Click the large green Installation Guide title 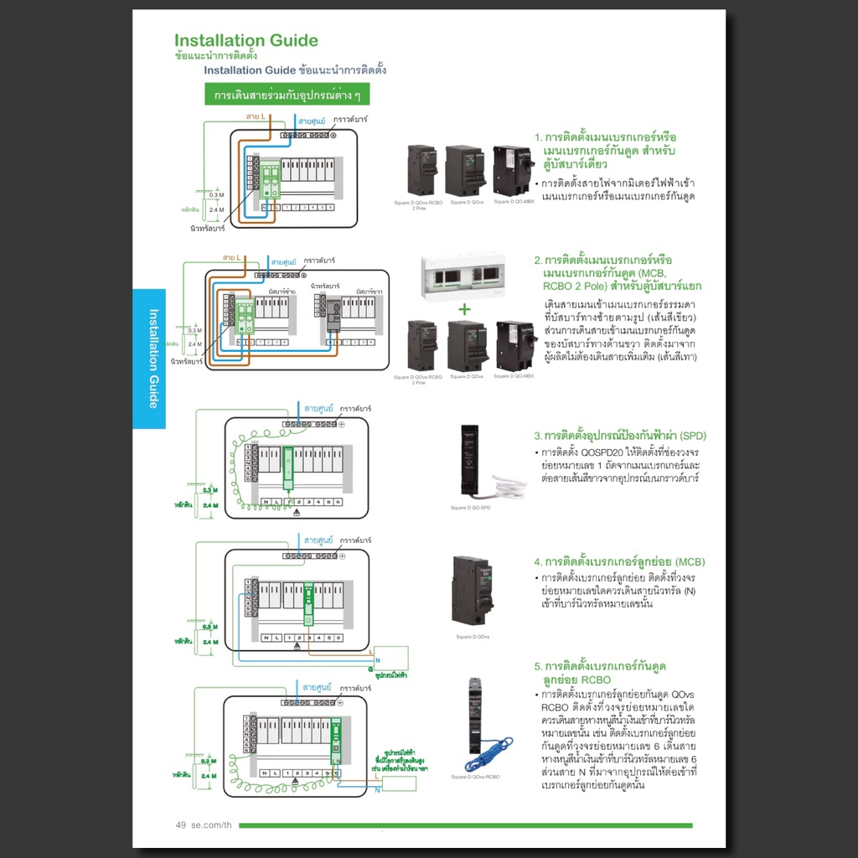[246, 40]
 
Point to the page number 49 [180, 825]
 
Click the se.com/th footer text [211, 825]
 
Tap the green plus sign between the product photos [464, 308]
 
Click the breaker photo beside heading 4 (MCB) [473, 590]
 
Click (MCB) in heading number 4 [690, 561]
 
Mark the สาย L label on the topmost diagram [256, 116]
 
